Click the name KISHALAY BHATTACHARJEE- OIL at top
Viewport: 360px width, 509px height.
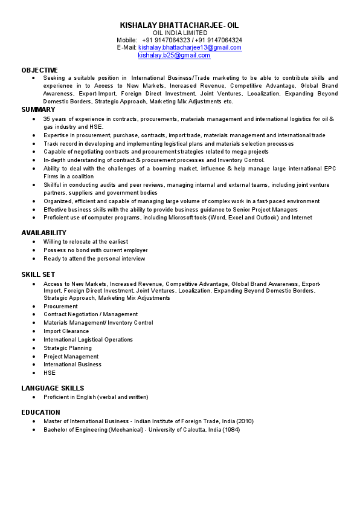(179, 25)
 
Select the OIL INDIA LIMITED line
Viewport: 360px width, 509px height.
(180, 33)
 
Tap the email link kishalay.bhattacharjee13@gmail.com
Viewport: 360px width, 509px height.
(190, 47)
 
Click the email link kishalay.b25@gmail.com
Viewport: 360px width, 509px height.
(174, 55)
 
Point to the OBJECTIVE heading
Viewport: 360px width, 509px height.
(40, 70)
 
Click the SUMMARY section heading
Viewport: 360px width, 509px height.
(39, 109)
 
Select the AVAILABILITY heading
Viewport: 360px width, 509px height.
(44, 233)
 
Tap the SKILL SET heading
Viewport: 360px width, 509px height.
(38, 274)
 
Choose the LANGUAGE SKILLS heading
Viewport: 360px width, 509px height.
(53, 388)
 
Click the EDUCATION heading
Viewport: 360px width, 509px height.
(41, 412)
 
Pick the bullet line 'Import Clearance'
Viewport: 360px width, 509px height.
(66, 331)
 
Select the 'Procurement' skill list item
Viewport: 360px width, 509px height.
(60, 306)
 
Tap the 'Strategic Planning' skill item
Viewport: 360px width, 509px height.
(68, 348)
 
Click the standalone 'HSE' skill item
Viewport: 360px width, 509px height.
(49, 373)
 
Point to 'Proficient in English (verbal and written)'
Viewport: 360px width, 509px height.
(95, 397)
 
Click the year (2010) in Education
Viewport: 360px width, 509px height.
(245, 421)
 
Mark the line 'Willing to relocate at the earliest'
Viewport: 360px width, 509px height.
(86, 242)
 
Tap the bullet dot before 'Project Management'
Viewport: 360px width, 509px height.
(34, 357)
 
